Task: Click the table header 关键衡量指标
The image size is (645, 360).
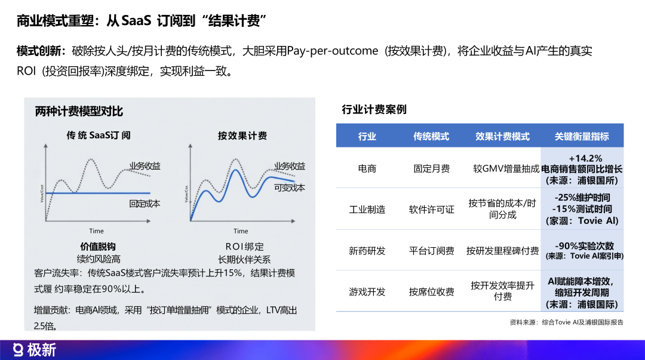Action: pos(582,136)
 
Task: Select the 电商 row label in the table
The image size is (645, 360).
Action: pos(367,169)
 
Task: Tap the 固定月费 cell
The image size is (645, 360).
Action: pos(432,169)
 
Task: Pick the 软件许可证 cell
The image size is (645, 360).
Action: pos(432,210)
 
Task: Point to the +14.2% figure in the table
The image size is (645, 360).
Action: pos(582,158)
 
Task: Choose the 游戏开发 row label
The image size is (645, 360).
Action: pos(367,292)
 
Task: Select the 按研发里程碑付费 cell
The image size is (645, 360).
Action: pos(502,251)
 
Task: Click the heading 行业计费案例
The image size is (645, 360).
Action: pos(374,110)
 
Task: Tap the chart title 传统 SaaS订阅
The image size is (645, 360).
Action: pos(99,136)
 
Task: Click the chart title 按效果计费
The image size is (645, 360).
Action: pos(242,136)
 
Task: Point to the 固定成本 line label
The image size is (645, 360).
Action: pos(145,204)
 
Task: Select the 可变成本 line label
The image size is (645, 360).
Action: pos(290,187)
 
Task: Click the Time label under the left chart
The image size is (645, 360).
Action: pos(96,231)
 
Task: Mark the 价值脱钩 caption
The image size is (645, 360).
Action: pos(98,247)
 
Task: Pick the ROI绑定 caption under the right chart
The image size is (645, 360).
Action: pos(244,247)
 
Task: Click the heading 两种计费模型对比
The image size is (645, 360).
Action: pos(79,112)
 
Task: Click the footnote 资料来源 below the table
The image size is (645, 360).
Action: pos(566,322)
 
